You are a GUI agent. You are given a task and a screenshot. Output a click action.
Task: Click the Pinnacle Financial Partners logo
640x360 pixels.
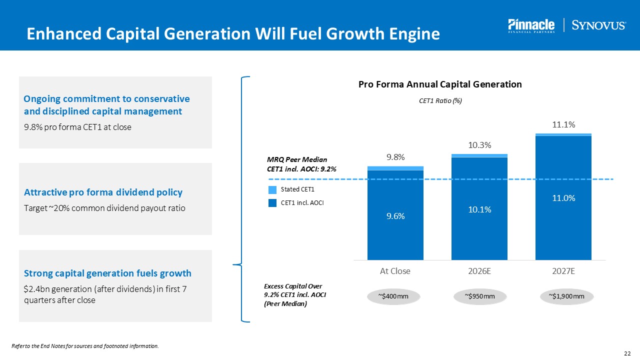[x=531, y=25]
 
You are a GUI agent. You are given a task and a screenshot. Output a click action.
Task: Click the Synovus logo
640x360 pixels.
[x=598, y=25]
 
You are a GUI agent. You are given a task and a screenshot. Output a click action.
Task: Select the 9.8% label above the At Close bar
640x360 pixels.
[x=395, y=157]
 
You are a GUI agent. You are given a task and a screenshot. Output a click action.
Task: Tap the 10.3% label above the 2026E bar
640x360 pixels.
[x=479, y=145]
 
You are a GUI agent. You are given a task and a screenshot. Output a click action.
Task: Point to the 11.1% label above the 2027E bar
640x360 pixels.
[x=563, y=125]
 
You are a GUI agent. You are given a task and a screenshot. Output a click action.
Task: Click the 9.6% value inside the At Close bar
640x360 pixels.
[x=395, y=216]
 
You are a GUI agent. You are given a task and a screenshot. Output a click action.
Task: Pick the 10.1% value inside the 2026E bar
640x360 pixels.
[x=479, y=210]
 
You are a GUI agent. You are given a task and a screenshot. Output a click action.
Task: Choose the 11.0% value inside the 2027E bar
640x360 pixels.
[x=563, y=198]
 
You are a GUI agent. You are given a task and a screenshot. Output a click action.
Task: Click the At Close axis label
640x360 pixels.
[x=395, y=271]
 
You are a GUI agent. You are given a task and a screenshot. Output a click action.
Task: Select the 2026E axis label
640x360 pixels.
[x=479, y=271]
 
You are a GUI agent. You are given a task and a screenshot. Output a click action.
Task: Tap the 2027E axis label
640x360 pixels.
[x=563, y=271]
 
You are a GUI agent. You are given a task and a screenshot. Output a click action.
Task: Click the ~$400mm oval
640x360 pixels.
[x=395, y=296]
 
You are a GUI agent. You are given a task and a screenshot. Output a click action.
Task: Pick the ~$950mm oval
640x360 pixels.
[x=479, y=296]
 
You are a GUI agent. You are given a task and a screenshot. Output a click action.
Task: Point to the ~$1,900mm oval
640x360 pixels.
[x=566, y=296]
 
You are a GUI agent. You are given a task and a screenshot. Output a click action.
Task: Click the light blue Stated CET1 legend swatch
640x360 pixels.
[x=272, y=189]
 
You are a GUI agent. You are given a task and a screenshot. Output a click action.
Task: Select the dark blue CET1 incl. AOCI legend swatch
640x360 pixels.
[x=272, y=203]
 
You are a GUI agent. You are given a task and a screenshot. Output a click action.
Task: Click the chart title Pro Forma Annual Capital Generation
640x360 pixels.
[x=440, y=84]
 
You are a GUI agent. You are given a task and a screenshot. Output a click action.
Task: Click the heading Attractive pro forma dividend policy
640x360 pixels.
[x=103, y=192]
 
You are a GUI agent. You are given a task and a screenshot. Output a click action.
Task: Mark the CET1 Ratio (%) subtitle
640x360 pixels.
[x=440, y=101]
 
